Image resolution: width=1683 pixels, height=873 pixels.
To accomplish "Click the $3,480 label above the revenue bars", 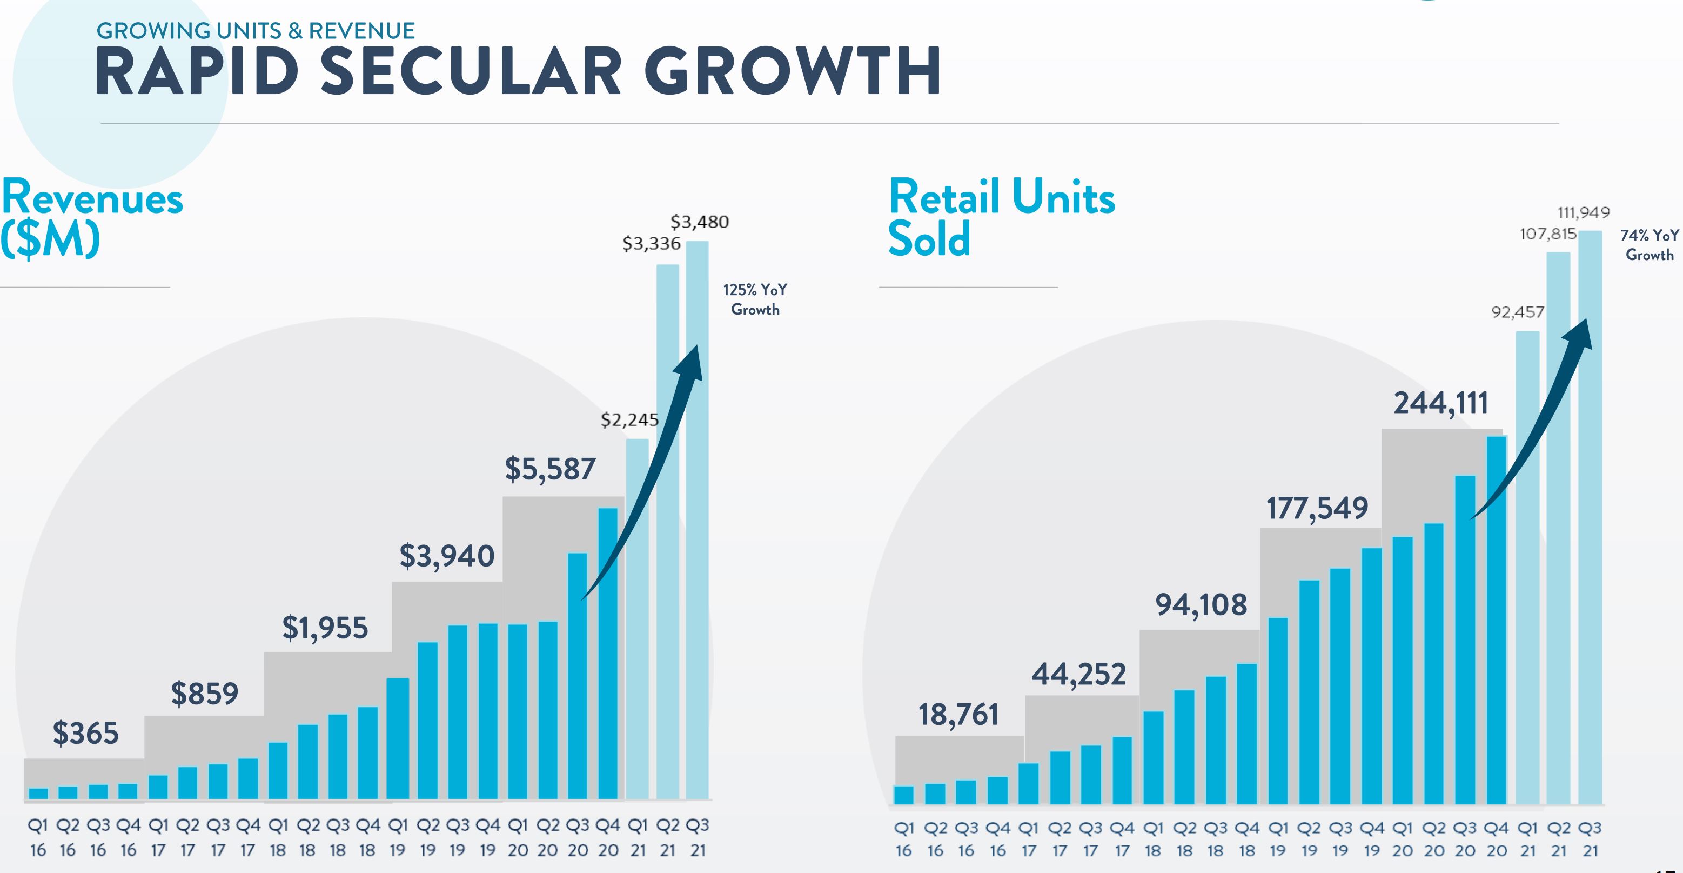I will pyautogui.click(x=699, y=222).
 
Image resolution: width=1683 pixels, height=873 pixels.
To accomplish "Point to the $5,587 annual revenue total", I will pyautogui.click(x=550, y=469).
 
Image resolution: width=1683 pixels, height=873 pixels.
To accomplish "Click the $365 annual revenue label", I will pyautogui.click(x=85, y=733).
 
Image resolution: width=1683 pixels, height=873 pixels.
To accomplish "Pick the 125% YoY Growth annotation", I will pyautogui.click(x=755, y=299).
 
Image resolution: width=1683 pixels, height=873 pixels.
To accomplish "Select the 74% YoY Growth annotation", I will pyautogui.click(x=1649, y=245).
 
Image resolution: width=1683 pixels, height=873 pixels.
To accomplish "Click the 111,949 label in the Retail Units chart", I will pyautogui.click(x=1583, y=212).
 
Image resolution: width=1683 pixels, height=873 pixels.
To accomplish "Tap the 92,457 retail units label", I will pyautogui.click(x=1517, y=312).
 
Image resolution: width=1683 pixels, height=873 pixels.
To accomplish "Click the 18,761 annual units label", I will pyautogui.click(x=958, y=715).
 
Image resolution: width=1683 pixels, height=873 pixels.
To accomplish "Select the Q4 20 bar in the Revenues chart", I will pyautogui.click(x=608, y=654).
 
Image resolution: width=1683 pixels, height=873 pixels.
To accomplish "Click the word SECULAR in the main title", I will pyautogui.click(x=471, y=72).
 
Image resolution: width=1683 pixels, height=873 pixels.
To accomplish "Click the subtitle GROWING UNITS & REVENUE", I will pyautogui.click(x=256, y=31).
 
